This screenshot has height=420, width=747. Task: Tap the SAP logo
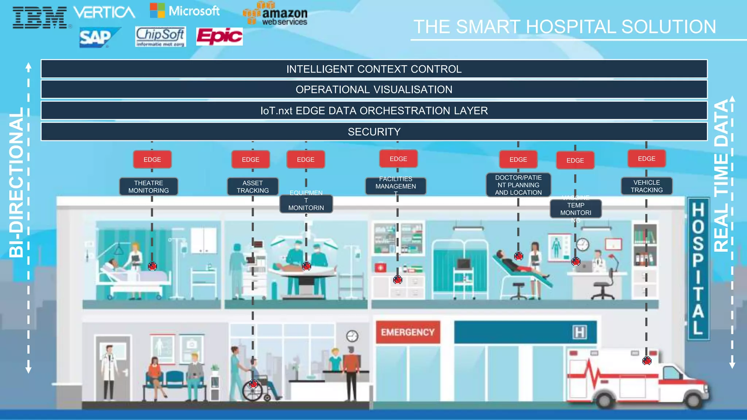[x=97, y=38]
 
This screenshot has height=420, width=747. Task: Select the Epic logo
[x=219, y=36]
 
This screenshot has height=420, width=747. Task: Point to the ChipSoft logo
[x=160, y=36]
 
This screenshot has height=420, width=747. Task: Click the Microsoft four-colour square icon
[x=157, y=11]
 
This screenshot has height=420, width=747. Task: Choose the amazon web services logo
[x=276, y=14]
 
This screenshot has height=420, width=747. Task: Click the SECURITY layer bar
[x=374, y=132]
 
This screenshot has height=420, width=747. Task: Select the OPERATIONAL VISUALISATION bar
[x=374, y=89]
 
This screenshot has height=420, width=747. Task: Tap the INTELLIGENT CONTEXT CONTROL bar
[x=374, y=69]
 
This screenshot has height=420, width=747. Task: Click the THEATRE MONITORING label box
[x=148, y=187]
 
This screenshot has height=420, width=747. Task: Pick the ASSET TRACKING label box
[x=253, y=187]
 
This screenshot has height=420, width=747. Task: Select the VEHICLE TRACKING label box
[x=647, y=186]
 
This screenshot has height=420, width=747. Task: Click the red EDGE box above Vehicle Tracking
[x=647, y=159]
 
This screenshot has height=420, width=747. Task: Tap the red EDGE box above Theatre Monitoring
[x=152, y=160]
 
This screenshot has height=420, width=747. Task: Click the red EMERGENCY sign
[x=408, y=332]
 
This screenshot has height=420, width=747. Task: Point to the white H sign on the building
[x=579, y=332]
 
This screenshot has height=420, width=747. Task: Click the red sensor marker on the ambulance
[x=647, y=361]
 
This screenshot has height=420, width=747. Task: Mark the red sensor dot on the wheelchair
[x=253, y=384]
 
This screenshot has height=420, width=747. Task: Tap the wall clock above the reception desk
[x=352, y=336]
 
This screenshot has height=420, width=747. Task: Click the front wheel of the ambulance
[x=693, y=400]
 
